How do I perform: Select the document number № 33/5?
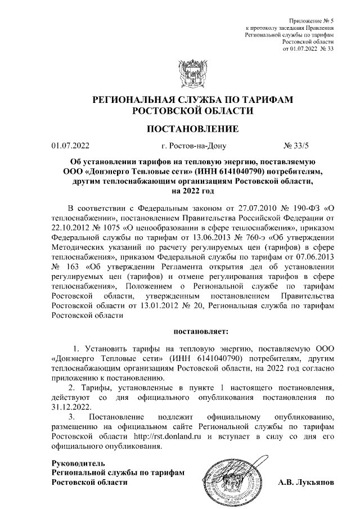(297, 147)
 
